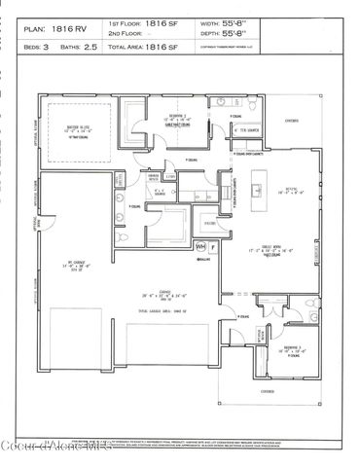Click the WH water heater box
click(201, 247)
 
